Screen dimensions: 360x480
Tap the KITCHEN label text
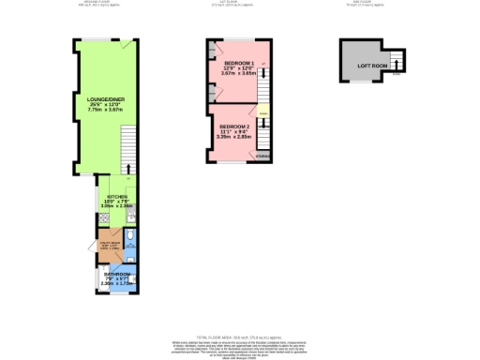(116, 196)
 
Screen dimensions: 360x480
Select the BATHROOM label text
(115, 274)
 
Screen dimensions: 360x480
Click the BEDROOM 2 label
(233, 126)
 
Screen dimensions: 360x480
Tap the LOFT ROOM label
(366, 66)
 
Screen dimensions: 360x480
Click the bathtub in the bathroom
(101, 278)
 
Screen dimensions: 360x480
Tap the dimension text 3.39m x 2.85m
(233, 137)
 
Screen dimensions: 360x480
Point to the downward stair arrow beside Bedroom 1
(263, 67)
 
